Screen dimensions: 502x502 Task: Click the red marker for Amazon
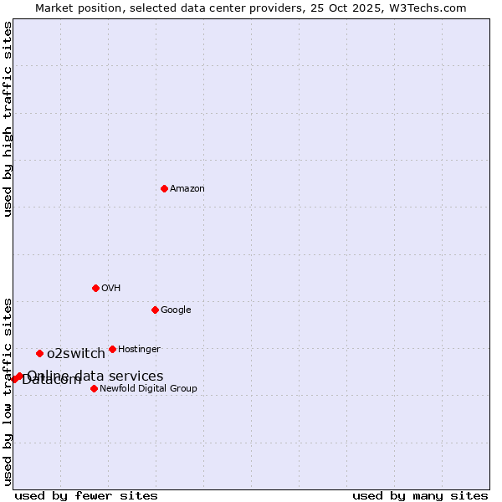[x=164, y=188]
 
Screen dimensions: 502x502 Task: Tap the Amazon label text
[x=187, y=189]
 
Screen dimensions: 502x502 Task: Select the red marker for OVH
[x=95, y=288]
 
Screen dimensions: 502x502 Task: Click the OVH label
[x=111, y=289]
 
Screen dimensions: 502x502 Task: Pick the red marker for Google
[x=155, y=310]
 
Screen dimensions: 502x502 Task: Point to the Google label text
[x=176, y=310]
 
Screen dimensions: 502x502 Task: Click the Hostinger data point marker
[x=112, y=349]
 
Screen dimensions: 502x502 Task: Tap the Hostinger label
[x=139, y=350]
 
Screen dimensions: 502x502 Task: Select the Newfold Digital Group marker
[x=94, y=388]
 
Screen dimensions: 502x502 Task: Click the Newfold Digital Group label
[x=148, y=389]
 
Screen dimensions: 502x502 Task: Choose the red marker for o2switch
[x=39, y=353]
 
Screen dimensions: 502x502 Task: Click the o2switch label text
[x=76, y=354]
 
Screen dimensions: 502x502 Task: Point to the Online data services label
[x=95, y=376]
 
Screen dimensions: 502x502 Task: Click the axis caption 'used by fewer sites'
[x=86, y=496]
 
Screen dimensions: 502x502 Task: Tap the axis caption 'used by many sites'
[x=420, y=496]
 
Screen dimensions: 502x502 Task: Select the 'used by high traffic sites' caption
[x=8, y=119]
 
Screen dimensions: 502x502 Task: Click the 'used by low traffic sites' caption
[x=8, y=391]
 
